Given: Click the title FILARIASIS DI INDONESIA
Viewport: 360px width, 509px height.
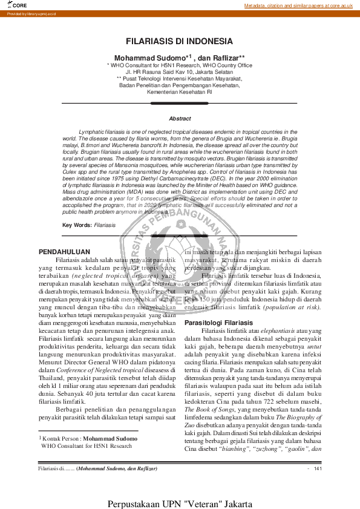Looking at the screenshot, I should coord(179,41).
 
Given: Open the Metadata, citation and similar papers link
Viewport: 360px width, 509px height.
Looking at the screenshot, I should coord(298,5).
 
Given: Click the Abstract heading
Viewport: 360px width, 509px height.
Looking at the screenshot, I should coord(180,119).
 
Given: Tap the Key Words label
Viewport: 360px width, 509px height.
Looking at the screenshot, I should coord(77,225).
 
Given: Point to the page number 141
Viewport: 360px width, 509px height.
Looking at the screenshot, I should coord(317,469).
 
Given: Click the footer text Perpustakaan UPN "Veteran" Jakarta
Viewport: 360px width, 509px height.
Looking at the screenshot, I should coord(180,503).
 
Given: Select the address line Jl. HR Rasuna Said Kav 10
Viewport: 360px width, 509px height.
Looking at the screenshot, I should coord(179,71).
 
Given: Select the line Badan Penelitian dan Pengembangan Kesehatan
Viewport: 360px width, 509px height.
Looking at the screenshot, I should coord(179,85).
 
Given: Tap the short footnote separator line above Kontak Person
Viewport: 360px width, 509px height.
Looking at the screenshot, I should coord(88,431).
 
